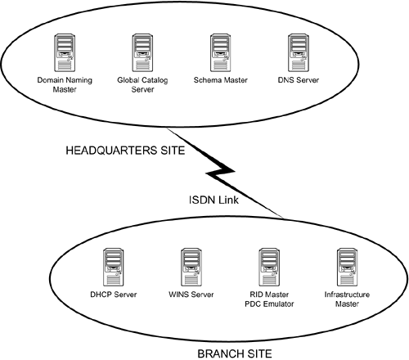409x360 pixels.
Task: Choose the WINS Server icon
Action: point(192,265)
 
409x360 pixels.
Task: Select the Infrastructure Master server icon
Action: point(344,265)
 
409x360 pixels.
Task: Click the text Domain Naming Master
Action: point(62,86)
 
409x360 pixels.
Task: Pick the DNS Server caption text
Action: point(298,81)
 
